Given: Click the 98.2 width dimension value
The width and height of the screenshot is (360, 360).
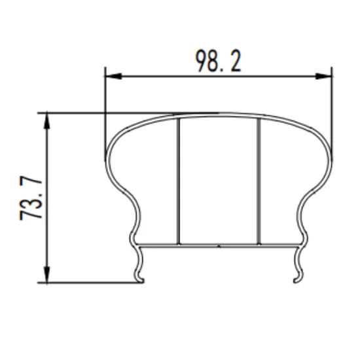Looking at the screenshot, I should [x=218, y=61].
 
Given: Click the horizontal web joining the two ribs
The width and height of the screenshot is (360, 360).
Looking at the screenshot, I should [x=219, y=245].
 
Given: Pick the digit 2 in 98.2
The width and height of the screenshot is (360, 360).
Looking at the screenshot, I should [x=234, y=61].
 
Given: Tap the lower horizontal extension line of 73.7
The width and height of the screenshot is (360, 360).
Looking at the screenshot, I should [x=92, y=283].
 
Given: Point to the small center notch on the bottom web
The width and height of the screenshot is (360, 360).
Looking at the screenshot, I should [x=219, y=247].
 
